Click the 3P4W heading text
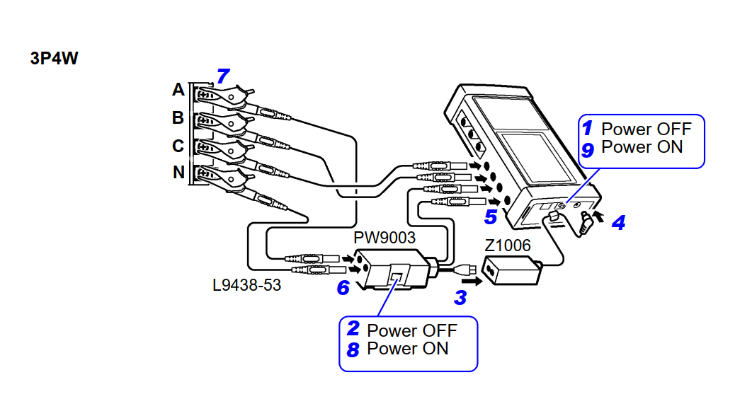[x=55, y=59]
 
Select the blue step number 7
[x=223, y=76]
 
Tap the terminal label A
[x=178, y=90]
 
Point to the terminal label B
[x=178, y=117]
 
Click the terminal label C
[x=178, y=145]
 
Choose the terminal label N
[x=178, y=173]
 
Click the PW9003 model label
[x=384, y=236]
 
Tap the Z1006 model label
[x=507, y=245]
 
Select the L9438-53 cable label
[x=247, y=287]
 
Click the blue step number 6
[x=343, y=288]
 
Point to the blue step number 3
[x=460, y=297]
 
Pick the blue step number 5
[x=491, y=216]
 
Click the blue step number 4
[x=618, y=223]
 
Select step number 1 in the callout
[x=587, y=129]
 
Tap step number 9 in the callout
[x=587, y=148]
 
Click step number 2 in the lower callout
[x=353, y=330]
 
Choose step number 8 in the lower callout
[x=353, y=349]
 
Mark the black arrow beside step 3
[x=470, y=281]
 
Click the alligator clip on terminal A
[x=223, y=94]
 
